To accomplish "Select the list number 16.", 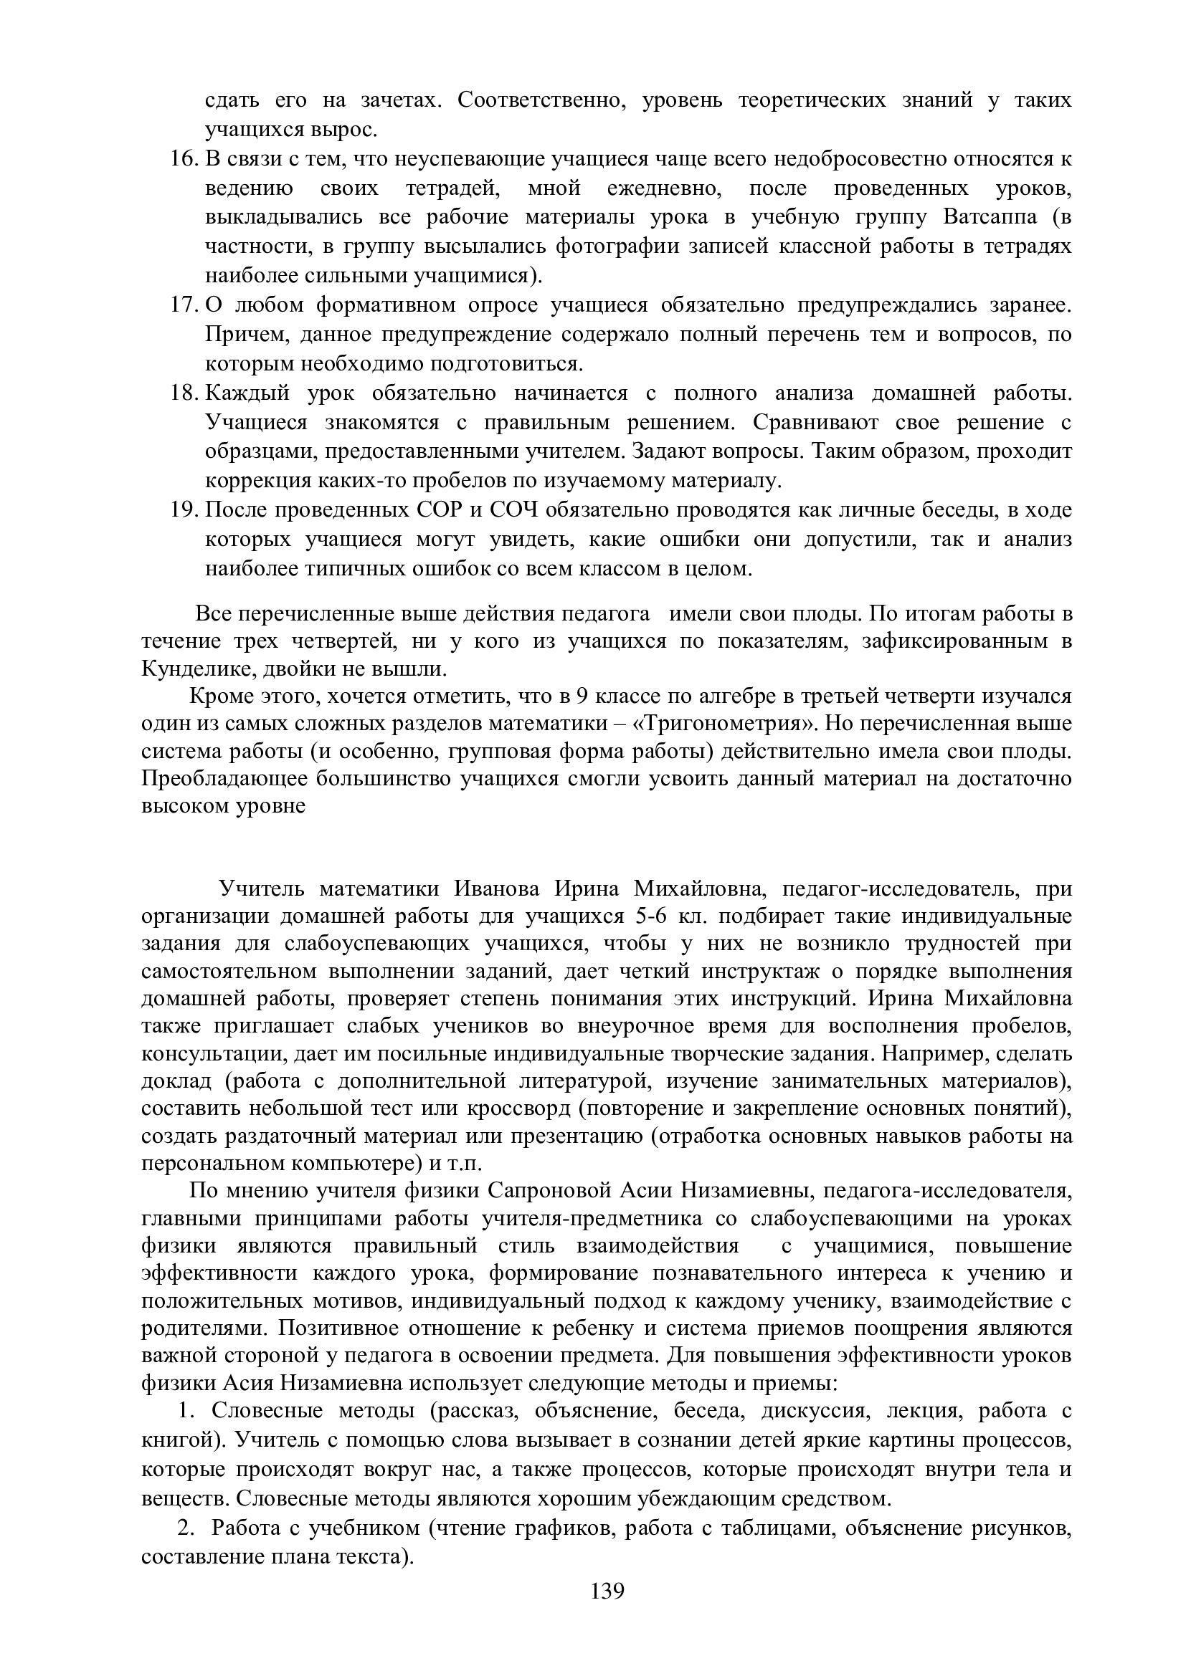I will click(x=185, y=158).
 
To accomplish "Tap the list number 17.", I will click(x=185, y=305).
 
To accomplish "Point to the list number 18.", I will click(x=185, y=393).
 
